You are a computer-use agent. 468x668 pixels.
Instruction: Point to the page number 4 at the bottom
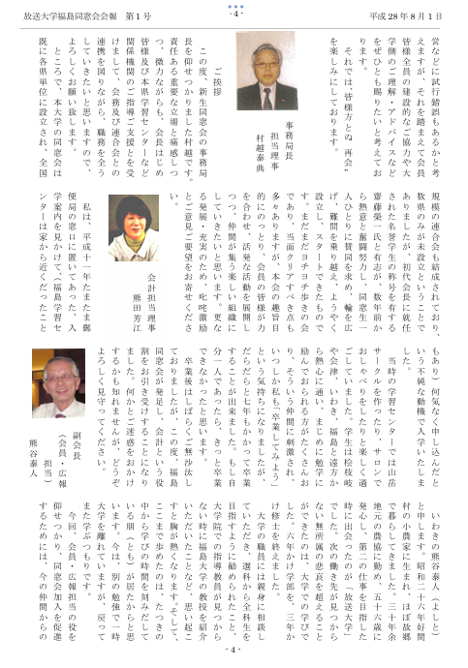pyautogui.click(x=234, y=650)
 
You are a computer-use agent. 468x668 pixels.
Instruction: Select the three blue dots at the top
pyautogui.click(x=234, y=6)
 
